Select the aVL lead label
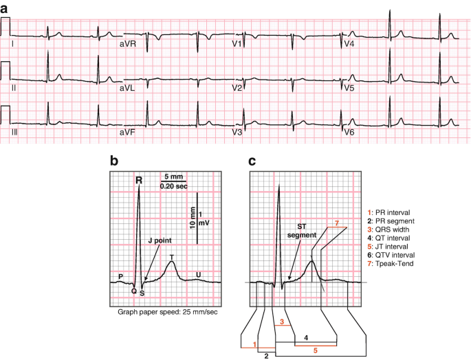128,88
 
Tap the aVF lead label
128,131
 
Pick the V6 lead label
349,131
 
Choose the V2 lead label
237,88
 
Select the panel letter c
252,161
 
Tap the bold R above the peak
138,181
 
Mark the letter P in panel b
120,277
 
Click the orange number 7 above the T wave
336,222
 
